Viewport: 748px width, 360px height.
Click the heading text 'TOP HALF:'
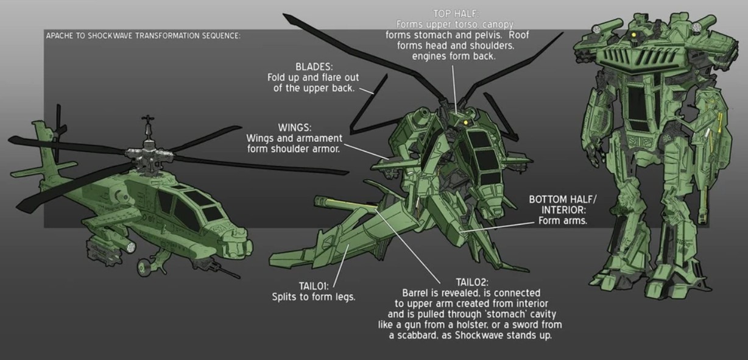[456, 13]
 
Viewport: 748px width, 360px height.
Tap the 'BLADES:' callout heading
[313, 66]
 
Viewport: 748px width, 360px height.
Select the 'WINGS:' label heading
[295, 127]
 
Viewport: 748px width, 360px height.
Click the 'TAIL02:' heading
[471, 281]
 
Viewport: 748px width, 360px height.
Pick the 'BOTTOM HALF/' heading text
[563, 199]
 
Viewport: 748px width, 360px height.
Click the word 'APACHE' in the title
[60, 35]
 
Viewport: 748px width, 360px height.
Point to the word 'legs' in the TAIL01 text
[344, 297]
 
